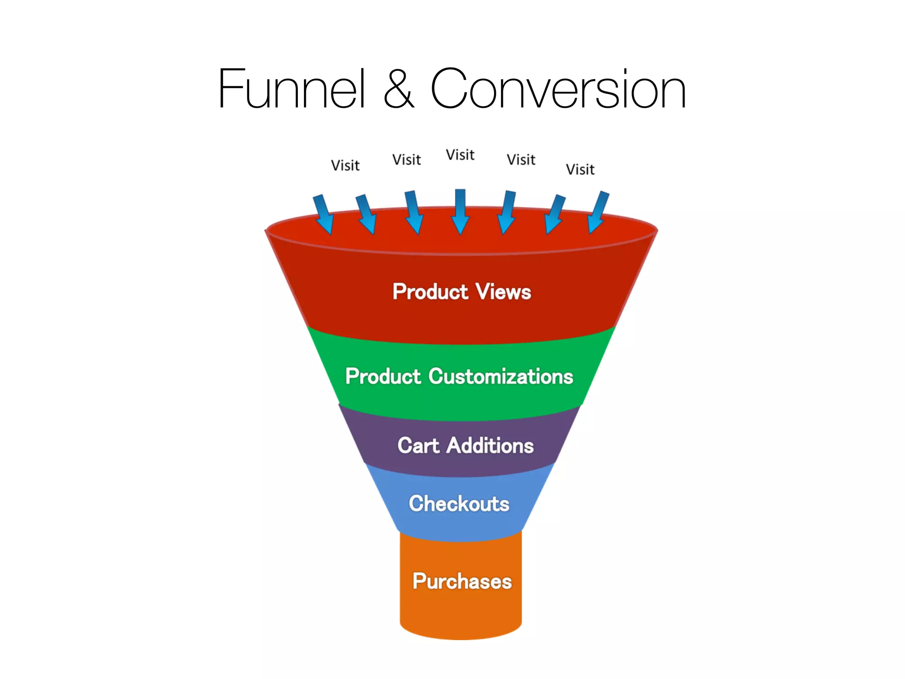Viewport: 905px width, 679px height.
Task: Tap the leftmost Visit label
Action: pyautogui.click(x=345, y=165)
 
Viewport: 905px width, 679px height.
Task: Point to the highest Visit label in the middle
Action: pyautogui.click(x=460, y=155)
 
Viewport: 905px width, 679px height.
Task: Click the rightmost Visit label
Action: pyautogui.click(x=580, y=169)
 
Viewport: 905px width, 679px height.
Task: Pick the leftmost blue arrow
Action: pyautogui.click(x=323, y=214)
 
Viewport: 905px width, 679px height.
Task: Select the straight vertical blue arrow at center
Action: pyautogui.click(x=460, y=211)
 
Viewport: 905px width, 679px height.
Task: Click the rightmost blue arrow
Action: pyautogui.click(x=599, y=212)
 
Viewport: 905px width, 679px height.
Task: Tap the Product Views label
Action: pyautogui.click(x=462, y=292)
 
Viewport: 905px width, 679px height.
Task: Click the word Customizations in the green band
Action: pyautogui.click(x=501, y=377)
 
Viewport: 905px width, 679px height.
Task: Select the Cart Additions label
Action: pyautogui.click(x=465, y=445)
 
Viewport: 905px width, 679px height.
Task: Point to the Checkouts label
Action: pyautogui.click(x=459, y=504)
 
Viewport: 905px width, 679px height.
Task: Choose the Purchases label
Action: pyautogui.click(x=462, y=581)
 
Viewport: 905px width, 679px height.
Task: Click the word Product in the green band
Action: pyautogui.click(x=383, y=377)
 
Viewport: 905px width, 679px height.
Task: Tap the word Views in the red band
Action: pyautogui.click(x=503, y=292)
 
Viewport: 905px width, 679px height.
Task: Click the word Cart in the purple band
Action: pyautogui.click(x=418, y=445)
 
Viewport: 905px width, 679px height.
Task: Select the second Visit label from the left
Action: pyautogui.click(x=407, y=160)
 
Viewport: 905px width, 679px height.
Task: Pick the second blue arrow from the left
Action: pyautogui.click(x=366, y=214)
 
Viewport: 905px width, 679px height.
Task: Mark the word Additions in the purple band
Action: pyautogui.click(x=491, y=445)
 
